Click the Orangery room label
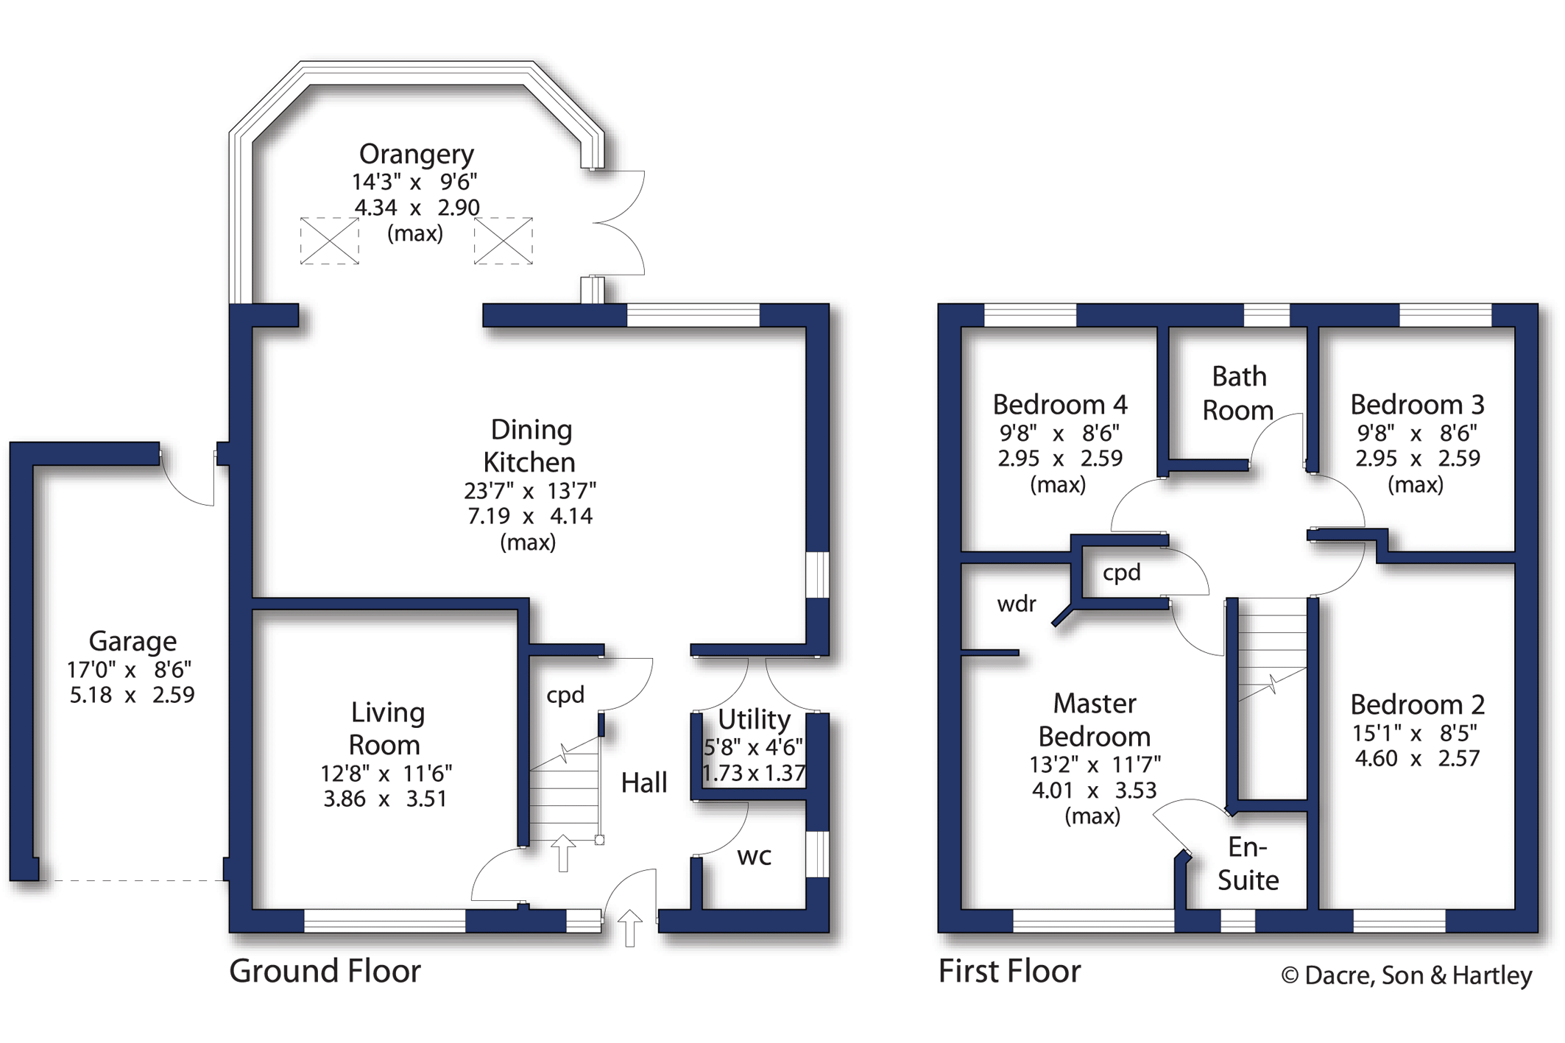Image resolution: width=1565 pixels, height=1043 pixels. pyautogui.click(x=417, y=154)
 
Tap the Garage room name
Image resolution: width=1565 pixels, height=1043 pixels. pyautogui.click(x=133, y=641)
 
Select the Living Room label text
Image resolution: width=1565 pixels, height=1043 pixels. pyautogui.click(x=386, y=729)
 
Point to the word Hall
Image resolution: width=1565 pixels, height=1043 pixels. pyautogui.click(x=644, y=782)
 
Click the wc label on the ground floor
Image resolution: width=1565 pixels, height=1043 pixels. pyautogui.click(x=755, y=856)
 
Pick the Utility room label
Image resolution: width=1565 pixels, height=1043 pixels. pyautogui.click(x=755, y=718)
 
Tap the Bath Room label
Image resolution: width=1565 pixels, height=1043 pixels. pyautogui.click(x=1239, y=393)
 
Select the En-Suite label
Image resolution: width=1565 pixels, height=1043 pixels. pyautogui.click(x=1248, y=863)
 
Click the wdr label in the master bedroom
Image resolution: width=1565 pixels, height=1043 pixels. pyautogui.click(x=1017, y=604)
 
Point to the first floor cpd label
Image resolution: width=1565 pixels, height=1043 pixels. pyautogui.click(x=1122, y=573)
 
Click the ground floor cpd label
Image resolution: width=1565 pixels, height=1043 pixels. pyautogui.click(x=565, y=695)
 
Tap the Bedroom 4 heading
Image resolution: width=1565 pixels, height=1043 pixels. pyautogui.click(x=1060, y=405)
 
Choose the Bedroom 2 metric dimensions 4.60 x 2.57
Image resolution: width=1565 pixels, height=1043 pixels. pyautogui.click(x=1418, y=758)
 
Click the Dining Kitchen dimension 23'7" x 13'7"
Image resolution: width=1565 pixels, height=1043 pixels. pyautogui.click(x=530, y=490)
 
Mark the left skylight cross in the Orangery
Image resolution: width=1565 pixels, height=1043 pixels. pyautogui.click(x=330, y=241)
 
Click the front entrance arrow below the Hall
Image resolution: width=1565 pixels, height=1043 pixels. pyautogui.click(x=630, y=927)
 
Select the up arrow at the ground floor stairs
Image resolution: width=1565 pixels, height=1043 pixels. pyautogui.click(x=564, y=853)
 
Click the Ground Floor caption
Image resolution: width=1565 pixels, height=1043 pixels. pyautogui.click(x=325, y=971)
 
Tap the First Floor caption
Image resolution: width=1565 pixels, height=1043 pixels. pyautogui.click(x=1010, y=971)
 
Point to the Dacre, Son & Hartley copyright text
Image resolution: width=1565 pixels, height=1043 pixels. pyautogui.click(x=1407, y=976)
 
